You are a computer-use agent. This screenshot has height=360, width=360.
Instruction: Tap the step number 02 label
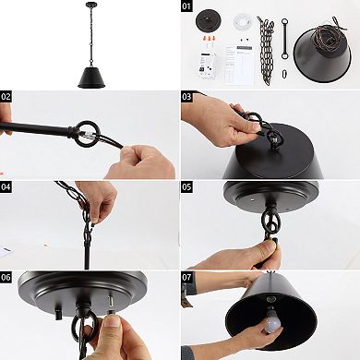click(7, 96)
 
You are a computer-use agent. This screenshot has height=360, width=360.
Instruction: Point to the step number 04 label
click(7, 186)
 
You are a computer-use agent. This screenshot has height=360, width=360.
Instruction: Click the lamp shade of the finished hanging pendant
click(90, 76)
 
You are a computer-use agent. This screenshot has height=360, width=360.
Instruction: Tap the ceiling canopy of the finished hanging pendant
click(90, 8)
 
